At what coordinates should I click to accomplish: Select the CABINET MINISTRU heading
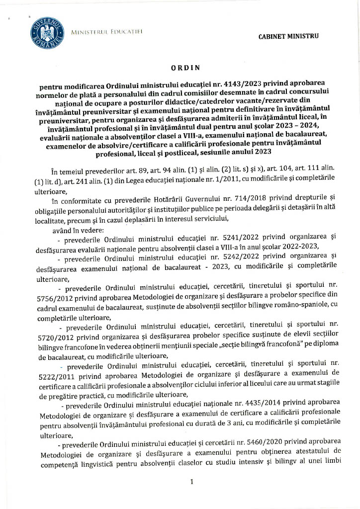tap(289, 36)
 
